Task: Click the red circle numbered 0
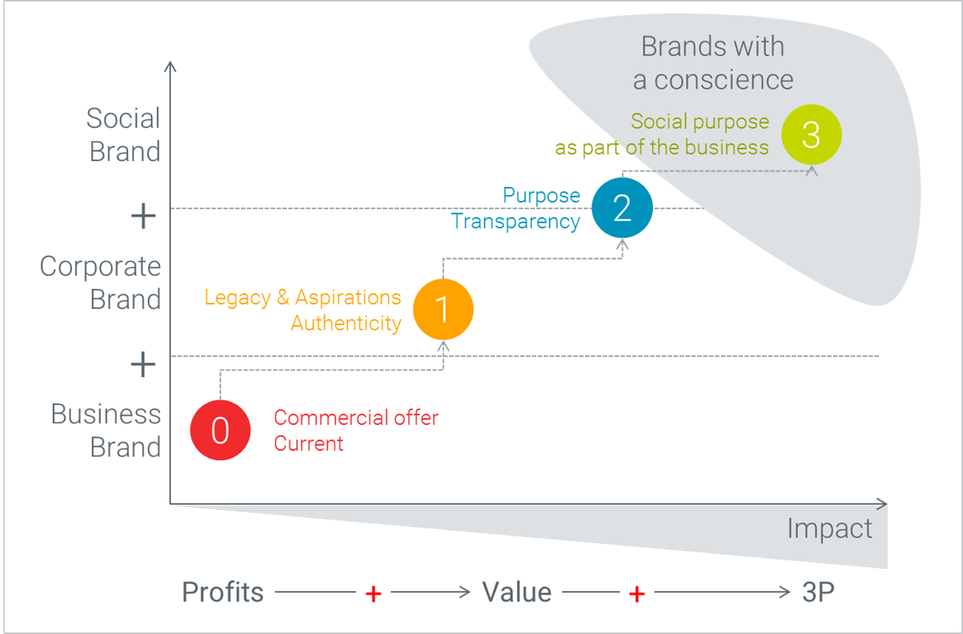pyautogui.click(x=220, y=429)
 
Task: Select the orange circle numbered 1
pyautogui.click(x=444, y=309)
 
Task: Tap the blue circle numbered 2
pyautogui.click(x=622, y=208)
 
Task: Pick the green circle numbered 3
pyautogui.click(x=811, y=135)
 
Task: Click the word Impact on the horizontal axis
pyautogui.click(x=830, y=529)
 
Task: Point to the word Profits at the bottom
pyautogui.click(x=223, y=592)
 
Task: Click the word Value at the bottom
pyautogui.click(x=517, y=592)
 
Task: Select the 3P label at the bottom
pyautogui.click(x=818, y=592)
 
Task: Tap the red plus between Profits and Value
pyautogui.click(x=373, y=594)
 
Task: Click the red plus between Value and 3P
pyautogui.click(x=637, y=594)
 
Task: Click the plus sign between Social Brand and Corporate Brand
pyautogui.click(x=143, y=216)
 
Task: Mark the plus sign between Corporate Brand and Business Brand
pyautogui.click(x=143, y=364)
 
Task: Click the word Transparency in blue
pyautogui.click(x=516, y=222)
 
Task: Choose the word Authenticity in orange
pyautogui.click(x=346, y=324)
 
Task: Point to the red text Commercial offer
pyautogui.click(x=356, y=418)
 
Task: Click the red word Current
pyautogui.click(x=309, y=443)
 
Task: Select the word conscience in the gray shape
pyautogui.click(x=724, y=80)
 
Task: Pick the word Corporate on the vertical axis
pyautogui.click(x=100, y=266)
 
